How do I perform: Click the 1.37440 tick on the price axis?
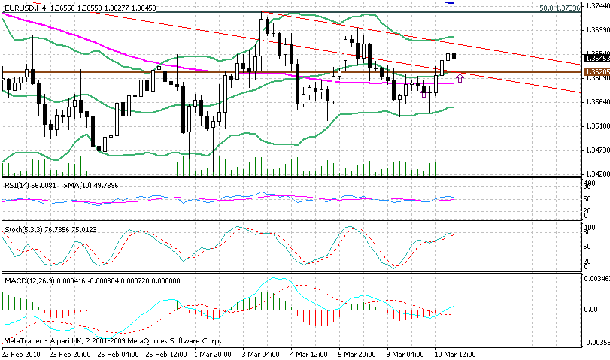point(596,5)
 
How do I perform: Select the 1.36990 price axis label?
point(596,30)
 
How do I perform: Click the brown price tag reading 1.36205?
point(596,71)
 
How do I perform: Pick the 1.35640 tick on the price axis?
point(596,101)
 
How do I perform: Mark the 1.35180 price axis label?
point(596,126)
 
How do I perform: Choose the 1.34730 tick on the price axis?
point(596,150)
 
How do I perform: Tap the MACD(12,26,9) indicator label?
point(29,280)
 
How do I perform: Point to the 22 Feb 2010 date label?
point(22,354)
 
